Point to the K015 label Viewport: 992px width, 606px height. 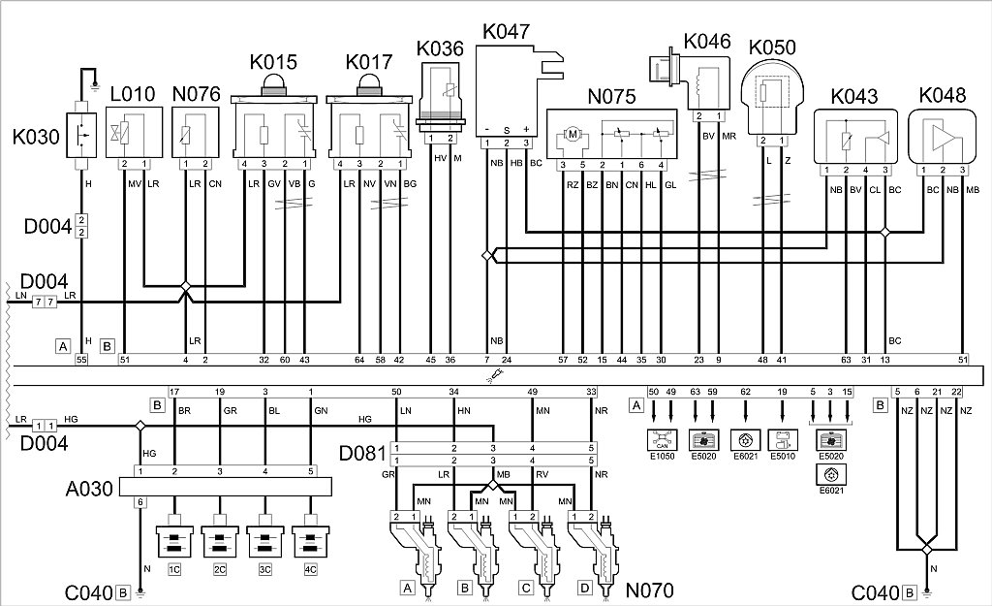point(277,62)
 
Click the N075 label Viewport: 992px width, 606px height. point(611,96)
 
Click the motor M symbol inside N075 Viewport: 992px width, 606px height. point(572,135)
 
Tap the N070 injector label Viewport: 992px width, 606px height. point(650,589)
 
